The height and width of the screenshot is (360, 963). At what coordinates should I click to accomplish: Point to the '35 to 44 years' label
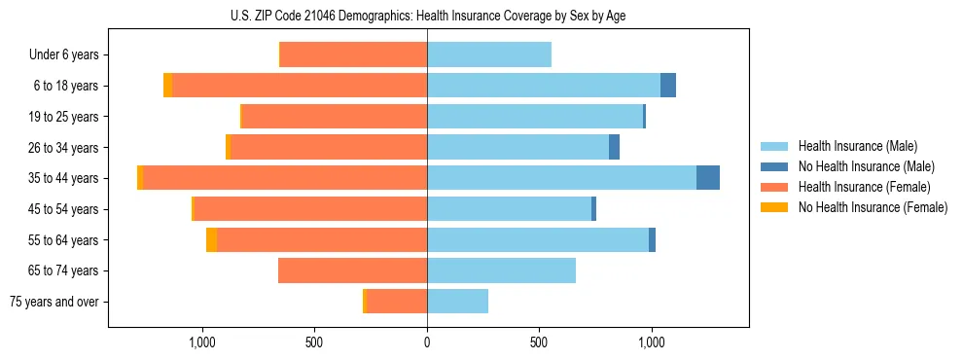[64, 178]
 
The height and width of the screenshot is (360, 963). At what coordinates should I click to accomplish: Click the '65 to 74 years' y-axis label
[64, 270]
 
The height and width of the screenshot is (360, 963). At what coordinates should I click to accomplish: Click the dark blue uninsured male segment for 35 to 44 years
[708, 178]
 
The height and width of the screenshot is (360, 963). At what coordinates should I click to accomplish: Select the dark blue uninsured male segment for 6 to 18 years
[668, 86]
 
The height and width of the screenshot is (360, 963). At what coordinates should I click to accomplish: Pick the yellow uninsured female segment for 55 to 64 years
[211, 240]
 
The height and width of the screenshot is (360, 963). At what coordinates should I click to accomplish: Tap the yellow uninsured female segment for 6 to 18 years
[168, 86]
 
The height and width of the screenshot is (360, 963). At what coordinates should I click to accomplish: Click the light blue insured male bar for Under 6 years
[489, 55]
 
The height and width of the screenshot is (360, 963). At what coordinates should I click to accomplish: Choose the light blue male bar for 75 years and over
[457, 302]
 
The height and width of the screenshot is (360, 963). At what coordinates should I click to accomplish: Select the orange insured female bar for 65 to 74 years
[352, 270]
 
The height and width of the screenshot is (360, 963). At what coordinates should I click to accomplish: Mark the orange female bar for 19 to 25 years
[335, 117]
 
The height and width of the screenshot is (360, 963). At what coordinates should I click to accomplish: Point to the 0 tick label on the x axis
[427, 342]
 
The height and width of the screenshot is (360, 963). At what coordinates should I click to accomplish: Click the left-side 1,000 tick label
[202, 342]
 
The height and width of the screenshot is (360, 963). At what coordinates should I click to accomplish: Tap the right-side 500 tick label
[539, 342]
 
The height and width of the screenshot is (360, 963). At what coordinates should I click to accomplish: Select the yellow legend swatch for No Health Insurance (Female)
[774, 207]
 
